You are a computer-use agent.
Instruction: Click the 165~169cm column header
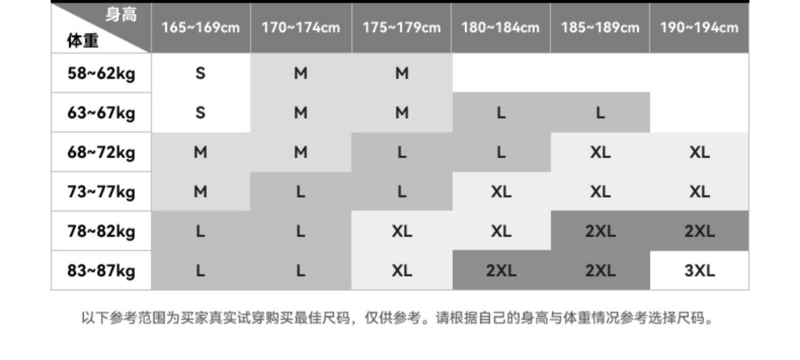201,28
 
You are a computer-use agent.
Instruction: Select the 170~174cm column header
301,28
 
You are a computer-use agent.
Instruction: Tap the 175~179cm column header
402,28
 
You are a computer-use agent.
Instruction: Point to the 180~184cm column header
500,28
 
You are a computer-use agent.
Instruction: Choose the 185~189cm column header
600,28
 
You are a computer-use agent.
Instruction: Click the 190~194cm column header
699,28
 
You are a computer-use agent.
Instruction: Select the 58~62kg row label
101,73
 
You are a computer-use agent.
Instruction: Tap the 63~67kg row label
101,113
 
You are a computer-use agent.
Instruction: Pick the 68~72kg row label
101,153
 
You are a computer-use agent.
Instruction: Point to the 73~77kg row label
101,191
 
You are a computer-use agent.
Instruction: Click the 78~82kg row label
101,231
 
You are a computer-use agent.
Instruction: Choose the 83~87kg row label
101,271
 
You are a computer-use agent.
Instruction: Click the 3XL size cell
699,271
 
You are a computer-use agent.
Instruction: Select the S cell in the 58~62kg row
201,73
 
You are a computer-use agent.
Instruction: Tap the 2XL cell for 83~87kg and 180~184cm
501,271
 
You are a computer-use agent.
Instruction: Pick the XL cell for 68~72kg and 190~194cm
699,153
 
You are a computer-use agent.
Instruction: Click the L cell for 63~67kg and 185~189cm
600,113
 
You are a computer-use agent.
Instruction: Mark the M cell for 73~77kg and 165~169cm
201,191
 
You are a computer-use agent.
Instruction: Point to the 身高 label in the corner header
121,15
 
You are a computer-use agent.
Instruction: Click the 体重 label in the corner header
83,41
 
